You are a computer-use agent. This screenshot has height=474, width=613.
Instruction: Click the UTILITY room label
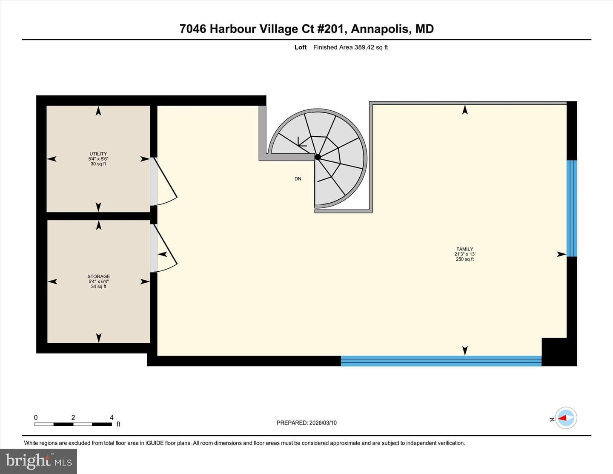pyautogui.click(x=98, y=154)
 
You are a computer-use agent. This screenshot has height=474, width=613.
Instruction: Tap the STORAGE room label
pyautogui.click(x=98, y=276)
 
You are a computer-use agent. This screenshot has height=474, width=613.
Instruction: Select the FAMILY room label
pyautogui.click(x=464, y=249)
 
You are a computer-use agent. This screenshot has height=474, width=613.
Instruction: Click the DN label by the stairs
pyautogui.click(x=298, y=178)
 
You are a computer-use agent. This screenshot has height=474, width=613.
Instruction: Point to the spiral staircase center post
pyautogui.click(x=318, y=157)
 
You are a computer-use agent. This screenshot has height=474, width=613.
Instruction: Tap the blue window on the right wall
pyautogui.click(x=572, y=209)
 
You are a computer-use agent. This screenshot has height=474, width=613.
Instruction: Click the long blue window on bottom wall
pyautogui.click(x=441, y=361)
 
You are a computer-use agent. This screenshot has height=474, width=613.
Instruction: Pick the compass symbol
pyautogui.click(x=565, y=418)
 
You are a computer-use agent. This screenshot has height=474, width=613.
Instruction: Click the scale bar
pyautogui.click(x=73, y=424)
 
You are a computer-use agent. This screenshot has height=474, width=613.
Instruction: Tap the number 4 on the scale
pyautogui.click(x=112, y=417)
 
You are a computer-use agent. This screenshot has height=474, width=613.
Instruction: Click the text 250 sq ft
pyautogui.click(x=464, y=259)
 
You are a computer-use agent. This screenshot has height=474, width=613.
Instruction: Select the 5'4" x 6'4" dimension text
pyautogui.click(x=98, y=282)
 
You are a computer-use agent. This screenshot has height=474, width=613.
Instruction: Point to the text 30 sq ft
pyautogui.click(x=98, y=164)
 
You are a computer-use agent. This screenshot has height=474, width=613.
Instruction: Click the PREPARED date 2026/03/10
pyautogui.click(x=323, y=422)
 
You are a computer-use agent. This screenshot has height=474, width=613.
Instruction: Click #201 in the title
pyautogui.click(x=332, y=29)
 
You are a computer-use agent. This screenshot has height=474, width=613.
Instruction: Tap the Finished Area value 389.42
pyautogui.click(x=364, y=47)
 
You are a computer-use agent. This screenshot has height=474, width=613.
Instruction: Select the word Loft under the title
pyautogui.click(x=301, y=47)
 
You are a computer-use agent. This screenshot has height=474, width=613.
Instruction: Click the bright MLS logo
pyautogui.click(x=38, y=461)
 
